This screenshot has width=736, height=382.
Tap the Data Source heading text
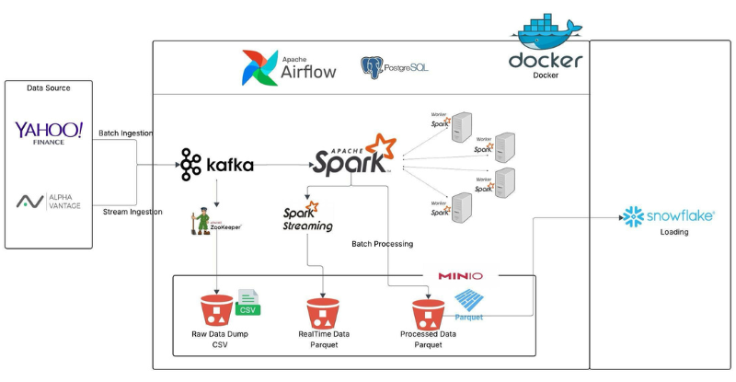pos(49,88)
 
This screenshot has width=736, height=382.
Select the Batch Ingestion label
pos(126,133)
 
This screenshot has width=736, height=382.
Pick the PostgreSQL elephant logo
pos(372,67)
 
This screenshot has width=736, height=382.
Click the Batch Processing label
pos(382,244)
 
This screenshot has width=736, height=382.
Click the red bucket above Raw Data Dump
pos(217,311)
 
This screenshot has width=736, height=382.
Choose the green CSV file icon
pos(248,303)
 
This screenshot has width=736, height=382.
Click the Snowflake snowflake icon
pos(632,216)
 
